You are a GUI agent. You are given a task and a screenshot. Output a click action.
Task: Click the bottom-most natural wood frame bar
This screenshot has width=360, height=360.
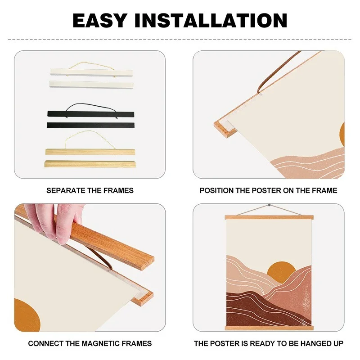[90, 164]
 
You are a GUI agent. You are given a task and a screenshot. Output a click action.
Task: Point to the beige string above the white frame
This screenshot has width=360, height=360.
[90, 64]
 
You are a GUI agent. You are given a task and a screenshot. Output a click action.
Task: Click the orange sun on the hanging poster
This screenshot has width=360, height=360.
[281, 270]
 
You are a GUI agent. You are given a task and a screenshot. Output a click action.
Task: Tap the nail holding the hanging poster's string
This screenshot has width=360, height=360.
[269, 205]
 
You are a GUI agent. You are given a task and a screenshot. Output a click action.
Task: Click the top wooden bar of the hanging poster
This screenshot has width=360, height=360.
[269, 217]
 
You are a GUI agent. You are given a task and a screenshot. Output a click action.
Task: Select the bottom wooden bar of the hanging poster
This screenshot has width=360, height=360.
[269, 328]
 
